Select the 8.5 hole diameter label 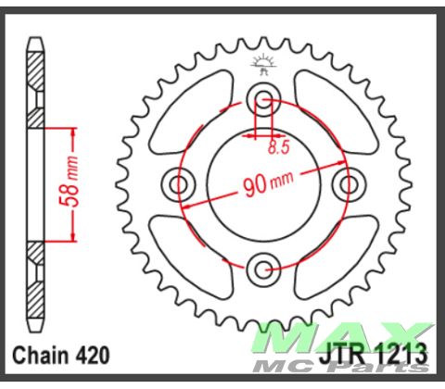click(x=276, y=145)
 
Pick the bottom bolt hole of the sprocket click(x=262, y=269)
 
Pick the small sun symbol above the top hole click(x=262, y=66)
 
